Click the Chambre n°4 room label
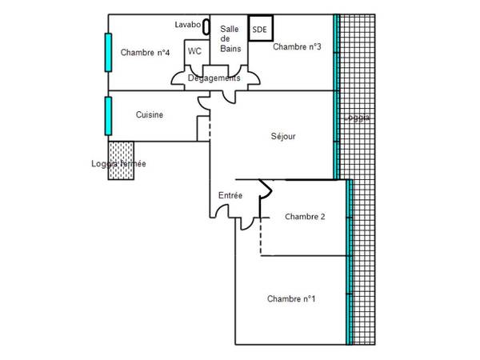pos(145,53)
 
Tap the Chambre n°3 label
pos(297,47)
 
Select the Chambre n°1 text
pos(291,299)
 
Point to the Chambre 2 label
pos(305,216)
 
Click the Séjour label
pos(283,136)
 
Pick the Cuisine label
pos(150,114)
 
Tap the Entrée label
pos(230,195)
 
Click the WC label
pos(194,51)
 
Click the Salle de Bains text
pos(230,38)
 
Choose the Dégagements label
pos(214,78)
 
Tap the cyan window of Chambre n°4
pos(106,53)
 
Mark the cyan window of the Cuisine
pos(106,115)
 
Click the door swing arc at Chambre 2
pos(266,190)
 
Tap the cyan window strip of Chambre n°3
pos(337,48)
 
